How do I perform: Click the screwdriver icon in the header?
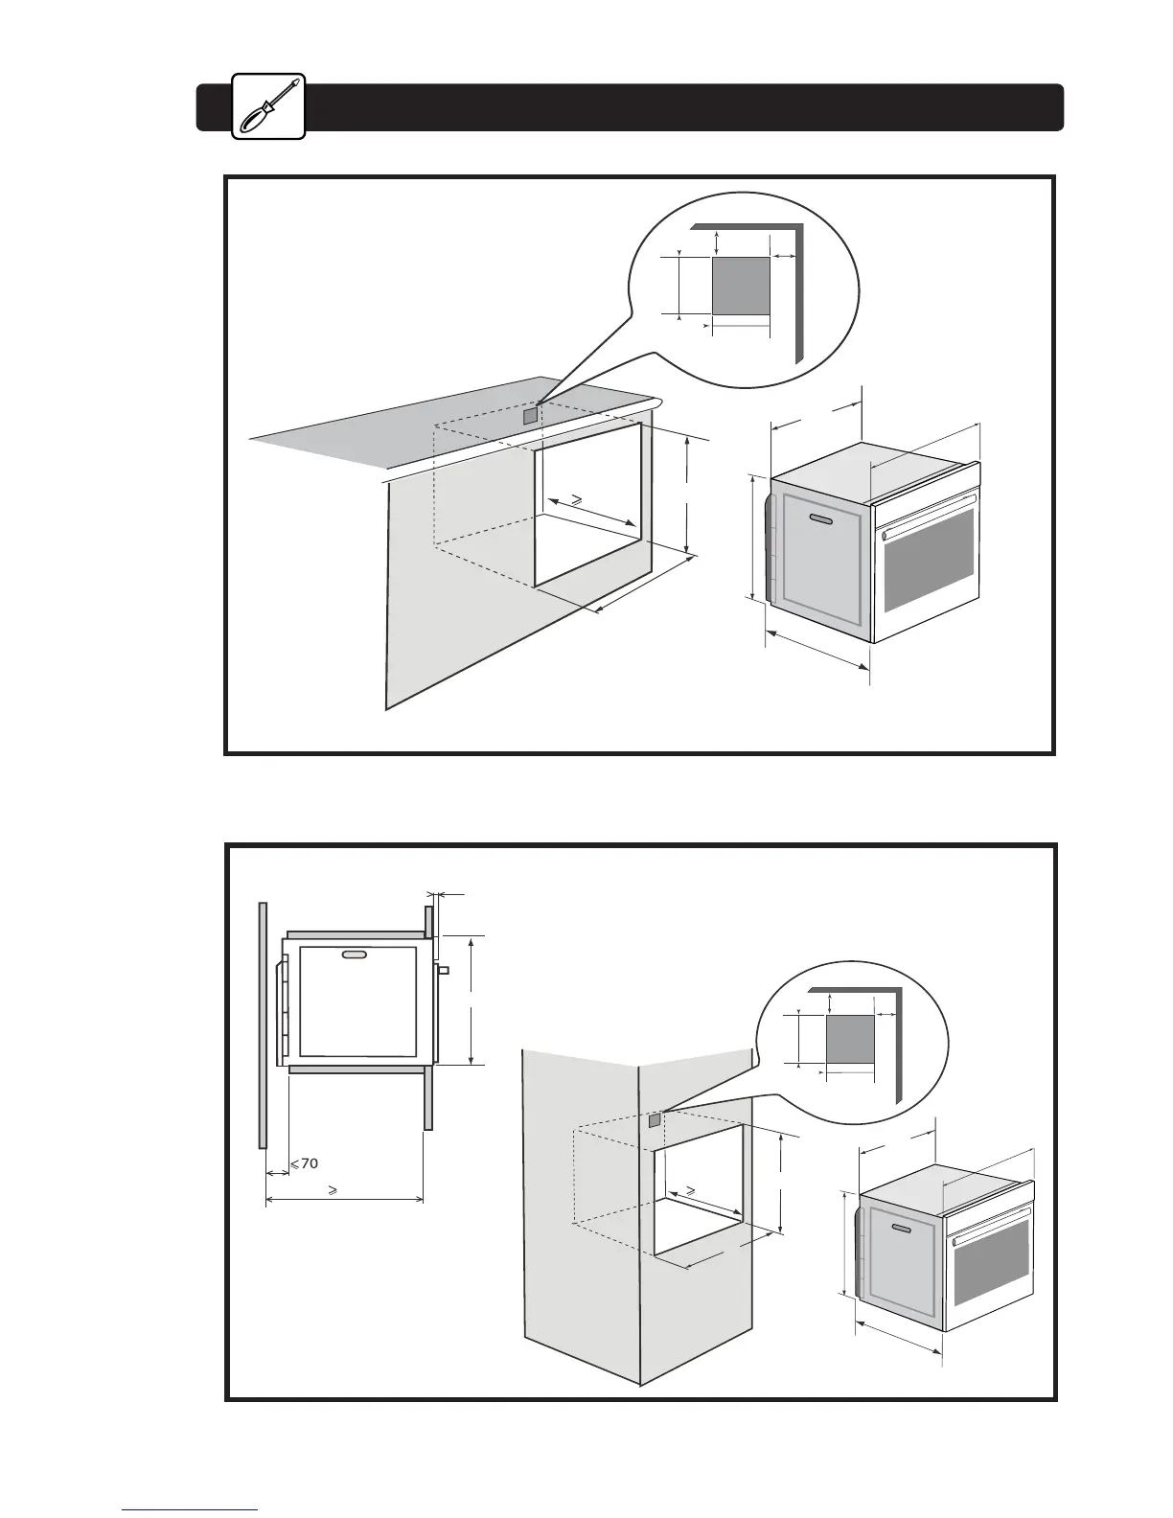tap(269, 106)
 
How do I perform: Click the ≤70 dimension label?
tap(304, 1163)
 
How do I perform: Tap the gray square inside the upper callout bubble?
tap(741, 286)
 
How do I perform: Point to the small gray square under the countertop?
tap(530, 416)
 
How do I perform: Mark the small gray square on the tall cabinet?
tap(655, 1119)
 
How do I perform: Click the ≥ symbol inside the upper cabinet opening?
tap(576, 498)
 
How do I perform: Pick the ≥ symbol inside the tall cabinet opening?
tap(688, 1189)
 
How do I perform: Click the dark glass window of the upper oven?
tap(929, 560)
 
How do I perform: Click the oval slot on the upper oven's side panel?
tap(822, 519)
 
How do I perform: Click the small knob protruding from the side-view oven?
tap(444, 970)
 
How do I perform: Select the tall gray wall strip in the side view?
tap(262, 1023)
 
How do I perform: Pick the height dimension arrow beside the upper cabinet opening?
tap(688, 494)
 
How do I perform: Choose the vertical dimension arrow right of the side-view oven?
tap(471, 1000)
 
